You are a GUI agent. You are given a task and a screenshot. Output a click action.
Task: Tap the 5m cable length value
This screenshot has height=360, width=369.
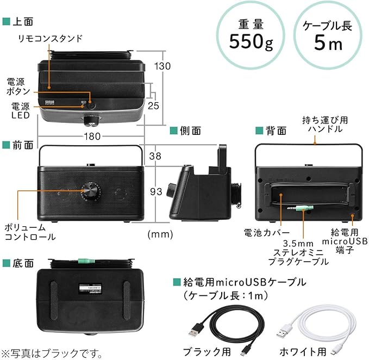[328, 42]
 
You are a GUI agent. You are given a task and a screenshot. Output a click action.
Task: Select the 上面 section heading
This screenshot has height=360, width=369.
[21, 21]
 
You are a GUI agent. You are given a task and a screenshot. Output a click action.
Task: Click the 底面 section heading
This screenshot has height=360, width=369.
[21, 263]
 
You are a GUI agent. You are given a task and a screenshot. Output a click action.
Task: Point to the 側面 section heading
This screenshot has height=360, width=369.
[189, 131]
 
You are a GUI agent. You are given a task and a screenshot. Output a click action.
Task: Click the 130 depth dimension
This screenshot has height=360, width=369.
[161, 66]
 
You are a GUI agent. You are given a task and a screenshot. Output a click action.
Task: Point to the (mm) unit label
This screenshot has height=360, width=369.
[160, 234]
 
